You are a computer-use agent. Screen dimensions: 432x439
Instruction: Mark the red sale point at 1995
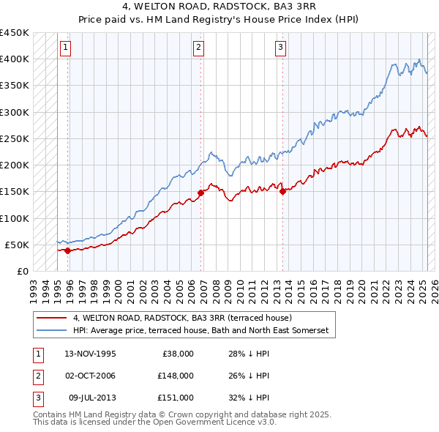point(68,250)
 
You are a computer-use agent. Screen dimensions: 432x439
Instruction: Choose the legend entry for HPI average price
point(201,331)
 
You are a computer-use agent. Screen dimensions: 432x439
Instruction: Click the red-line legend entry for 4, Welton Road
point(182,319)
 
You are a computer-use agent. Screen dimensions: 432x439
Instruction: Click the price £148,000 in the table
point(175,376)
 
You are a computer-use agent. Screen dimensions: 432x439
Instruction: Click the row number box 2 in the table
point(37,376)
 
